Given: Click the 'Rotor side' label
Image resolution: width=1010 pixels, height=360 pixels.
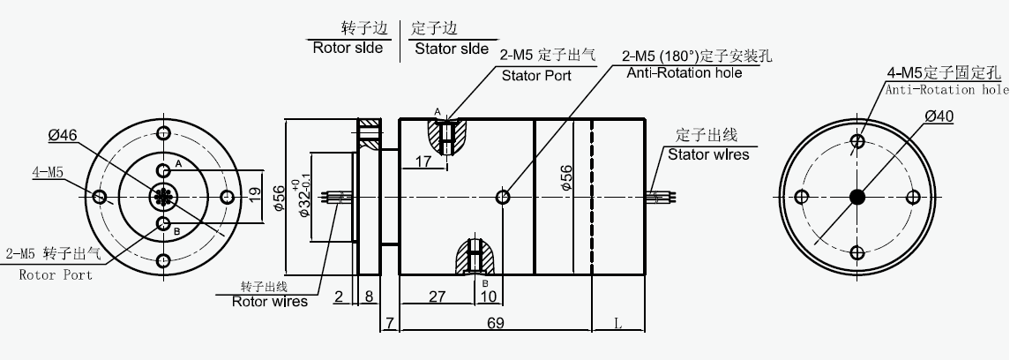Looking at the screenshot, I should click(348, 48).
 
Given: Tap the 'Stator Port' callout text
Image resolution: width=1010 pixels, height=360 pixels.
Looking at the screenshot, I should click(536, 75).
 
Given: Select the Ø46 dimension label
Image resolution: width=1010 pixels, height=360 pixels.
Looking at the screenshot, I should click(63, 135).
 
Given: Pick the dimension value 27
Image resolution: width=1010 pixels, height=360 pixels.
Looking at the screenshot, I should click(437, 296).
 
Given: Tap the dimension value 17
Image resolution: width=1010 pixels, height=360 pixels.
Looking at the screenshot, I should click(423, 161).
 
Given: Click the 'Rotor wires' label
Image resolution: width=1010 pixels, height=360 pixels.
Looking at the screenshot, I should click(269, 301).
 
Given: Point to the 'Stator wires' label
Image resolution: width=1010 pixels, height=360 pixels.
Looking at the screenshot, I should click(707, 154).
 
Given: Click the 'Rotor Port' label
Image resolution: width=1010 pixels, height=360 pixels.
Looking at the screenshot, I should click(55, 274).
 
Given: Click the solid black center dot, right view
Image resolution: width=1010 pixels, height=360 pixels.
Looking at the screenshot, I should click(857, 196).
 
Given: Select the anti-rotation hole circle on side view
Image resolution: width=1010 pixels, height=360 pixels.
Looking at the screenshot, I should click(503, 196).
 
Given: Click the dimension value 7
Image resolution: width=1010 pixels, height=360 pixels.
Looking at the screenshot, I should click(389, 324).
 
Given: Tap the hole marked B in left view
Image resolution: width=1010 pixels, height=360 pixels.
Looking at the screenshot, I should click(163, 222).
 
